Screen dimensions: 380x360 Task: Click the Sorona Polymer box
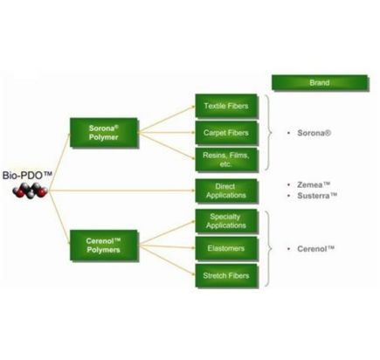pos(104,133)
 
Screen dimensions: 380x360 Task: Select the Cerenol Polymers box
pos(104,246)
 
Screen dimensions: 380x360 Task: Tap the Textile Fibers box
pos(226,106)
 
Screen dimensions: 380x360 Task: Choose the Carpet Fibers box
pos(226,133)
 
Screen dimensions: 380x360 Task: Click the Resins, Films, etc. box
pos(226,160)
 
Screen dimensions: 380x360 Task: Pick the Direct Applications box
pos(226,190)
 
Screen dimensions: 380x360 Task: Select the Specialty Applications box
pos(226,221)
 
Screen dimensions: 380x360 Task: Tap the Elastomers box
pos(226,248)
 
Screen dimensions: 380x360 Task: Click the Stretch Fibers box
pos(226,276)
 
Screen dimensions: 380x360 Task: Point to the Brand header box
pos(320,83)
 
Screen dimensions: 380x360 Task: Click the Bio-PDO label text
pos(27,176)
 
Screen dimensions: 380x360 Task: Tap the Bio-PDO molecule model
pos(31,190)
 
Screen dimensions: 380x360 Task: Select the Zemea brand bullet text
pos(314,184)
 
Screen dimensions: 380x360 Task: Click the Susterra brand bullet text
pos(317,196)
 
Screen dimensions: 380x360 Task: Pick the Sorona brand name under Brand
pos(314,133)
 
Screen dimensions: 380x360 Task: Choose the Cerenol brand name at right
pos(315,249)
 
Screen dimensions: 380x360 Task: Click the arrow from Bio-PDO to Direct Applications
pos(121,190)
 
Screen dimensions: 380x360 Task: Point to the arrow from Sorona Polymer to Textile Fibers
pos(166,119)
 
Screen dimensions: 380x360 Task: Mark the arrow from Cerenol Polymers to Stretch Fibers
pos(166,260)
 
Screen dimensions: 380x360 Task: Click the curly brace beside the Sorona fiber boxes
pos(268,133)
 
